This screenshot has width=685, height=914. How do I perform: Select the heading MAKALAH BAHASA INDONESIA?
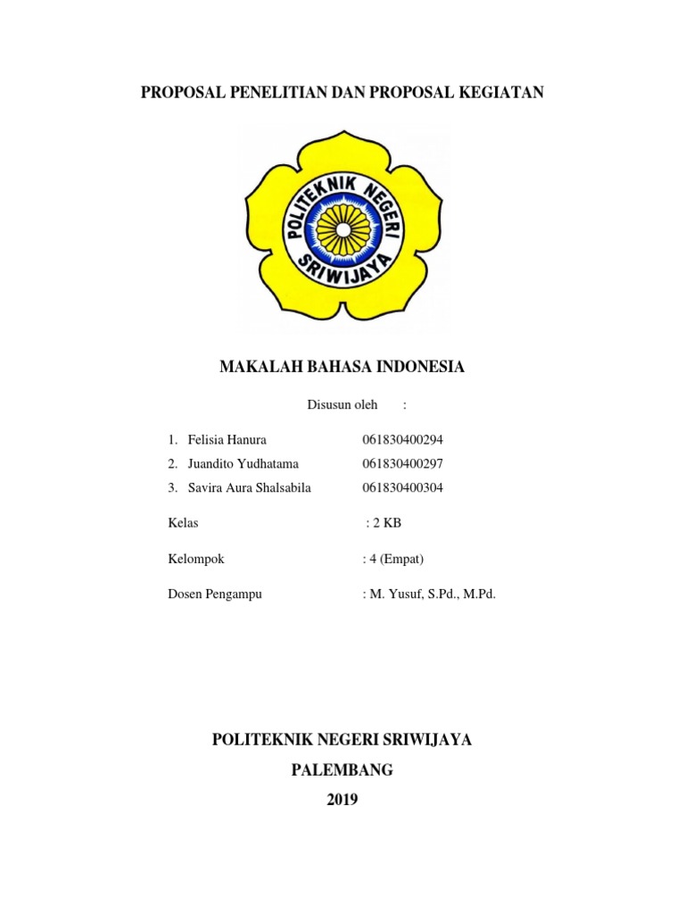click(x=342, y=367)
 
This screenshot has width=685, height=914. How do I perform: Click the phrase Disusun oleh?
click(x=342, y=405)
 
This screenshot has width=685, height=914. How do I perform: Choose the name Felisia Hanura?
click(x=227, y=440)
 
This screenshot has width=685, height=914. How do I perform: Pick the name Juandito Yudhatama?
click(x=243, y=464)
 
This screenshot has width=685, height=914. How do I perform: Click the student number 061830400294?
click(x=402, y=440)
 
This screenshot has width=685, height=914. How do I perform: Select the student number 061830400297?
click(x=402, y=464)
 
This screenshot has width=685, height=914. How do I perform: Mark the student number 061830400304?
click(x=402, y=487)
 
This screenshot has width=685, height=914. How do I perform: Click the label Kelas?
click(x=183, y=522)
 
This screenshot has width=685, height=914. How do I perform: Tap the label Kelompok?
click(x=195, y=559)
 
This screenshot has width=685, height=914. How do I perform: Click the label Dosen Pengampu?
click(x=214, y=594)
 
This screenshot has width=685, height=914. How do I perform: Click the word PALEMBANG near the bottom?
click(x=342, y=770)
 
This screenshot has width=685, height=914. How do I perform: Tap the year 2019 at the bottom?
click(x=342, y=800)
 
